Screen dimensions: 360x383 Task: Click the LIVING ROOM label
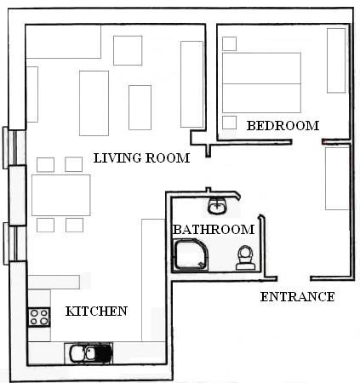(141, 158)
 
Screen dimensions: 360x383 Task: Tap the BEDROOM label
(283, 126)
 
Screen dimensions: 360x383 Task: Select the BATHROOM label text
(214, 230)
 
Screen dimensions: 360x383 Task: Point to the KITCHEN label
(96, 312)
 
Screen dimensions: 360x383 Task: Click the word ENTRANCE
(297, 297)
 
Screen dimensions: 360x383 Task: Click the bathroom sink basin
(218, 205)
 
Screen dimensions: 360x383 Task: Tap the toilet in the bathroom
(245, 258)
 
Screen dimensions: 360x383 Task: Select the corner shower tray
(191, 254)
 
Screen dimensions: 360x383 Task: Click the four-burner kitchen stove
(39, 317)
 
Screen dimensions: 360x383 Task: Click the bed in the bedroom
(261, 83)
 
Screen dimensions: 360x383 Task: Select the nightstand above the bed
(229, 43)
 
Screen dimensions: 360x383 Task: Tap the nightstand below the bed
(229, 123)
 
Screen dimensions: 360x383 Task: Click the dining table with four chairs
(60, 195)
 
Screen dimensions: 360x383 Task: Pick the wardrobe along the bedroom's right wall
(336, 60)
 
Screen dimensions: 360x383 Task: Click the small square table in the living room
(128, 50)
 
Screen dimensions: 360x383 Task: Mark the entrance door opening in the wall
(294, 278)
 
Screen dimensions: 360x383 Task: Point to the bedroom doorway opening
(306, 141)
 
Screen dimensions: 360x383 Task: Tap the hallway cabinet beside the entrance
(337, 179)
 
